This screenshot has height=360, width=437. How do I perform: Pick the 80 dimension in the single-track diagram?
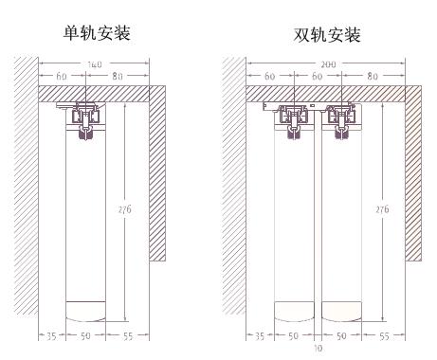117,74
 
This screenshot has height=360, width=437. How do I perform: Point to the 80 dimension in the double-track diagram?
372,74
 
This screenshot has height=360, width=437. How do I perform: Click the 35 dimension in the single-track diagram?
50,336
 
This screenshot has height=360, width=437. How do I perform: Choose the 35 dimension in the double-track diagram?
259,336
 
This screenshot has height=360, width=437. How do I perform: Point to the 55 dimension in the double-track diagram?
385,336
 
